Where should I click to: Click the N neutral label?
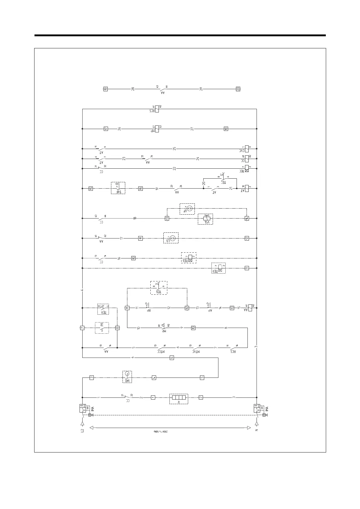[x=257, y=430]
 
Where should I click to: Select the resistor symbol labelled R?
[x=178, y=397]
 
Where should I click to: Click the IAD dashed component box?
[x=127, y=377]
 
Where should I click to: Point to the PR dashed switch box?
[x=102, y=328]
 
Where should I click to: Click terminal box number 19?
[x=106, y=89]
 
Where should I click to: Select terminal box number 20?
[x=238, y=89]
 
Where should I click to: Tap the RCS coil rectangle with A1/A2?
[x=157, y=109]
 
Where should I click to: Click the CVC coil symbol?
[x=247, y=148]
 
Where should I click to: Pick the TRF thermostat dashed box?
[x=118, y=188]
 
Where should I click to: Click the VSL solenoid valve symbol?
[x=205, y=218]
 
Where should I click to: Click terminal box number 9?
[x=247, y=268]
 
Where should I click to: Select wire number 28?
[x=133, y=89]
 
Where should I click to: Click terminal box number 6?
[x=172, y=358]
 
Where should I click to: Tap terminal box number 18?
[x=226, y=129]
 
